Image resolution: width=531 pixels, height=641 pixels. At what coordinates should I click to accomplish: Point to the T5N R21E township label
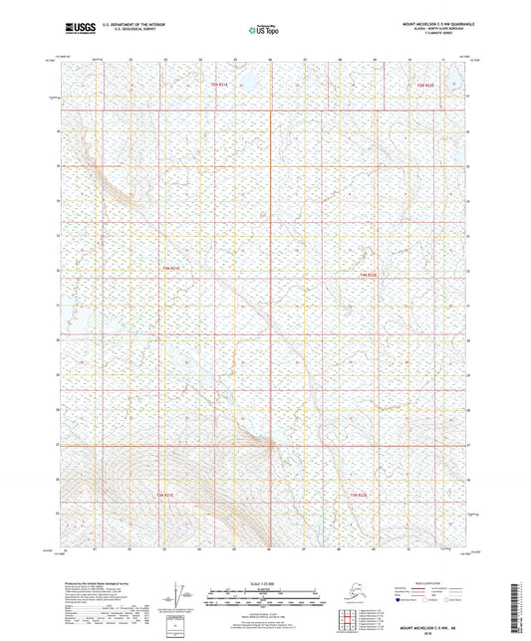pos(220,86)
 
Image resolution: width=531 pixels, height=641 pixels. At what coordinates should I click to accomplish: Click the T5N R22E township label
pos(425,86)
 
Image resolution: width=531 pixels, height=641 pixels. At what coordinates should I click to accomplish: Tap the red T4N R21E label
pos(170,268)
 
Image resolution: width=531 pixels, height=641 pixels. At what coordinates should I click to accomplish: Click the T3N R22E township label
pos(360,494)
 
